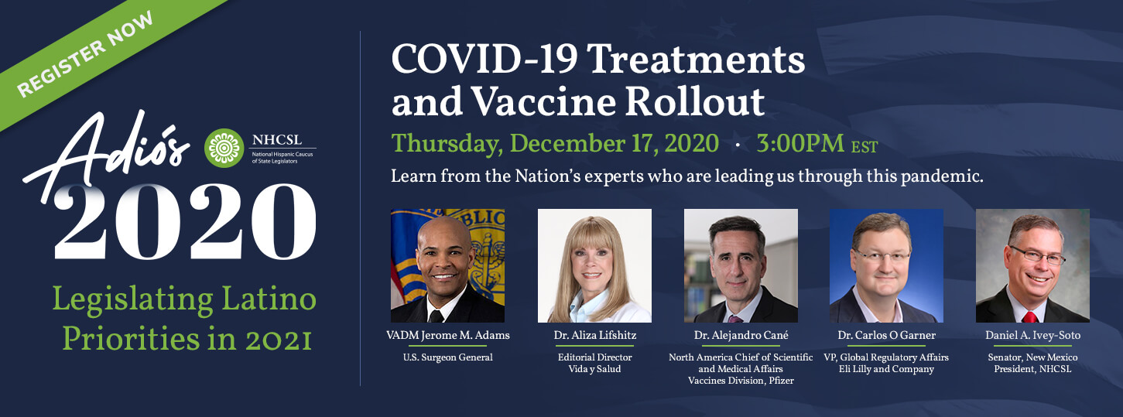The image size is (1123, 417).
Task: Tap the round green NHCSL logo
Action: tap(224, 148)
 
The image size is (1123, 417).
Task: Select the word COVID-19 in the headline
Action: tap(484, 60)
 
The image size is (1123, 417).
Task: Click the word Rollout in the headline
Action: tap(695, 102)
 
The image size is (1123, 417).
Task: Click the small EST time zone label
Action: tap(865, 147)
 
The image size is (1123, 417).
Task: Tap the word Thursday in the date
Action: tap(447, 145)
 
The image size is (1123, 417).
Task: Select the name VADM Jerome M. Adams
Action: tap(447, 335)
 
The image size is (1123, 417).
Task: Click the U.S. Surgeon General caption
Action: tap(447, 357)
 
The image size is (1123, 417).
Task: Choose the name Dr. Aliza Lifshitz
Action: tap(594, 335)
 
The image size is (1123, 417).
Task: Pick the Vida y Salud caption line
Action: tap(594, 369)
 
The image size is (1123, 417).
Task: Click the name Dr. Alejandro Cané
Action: tap(741, 335)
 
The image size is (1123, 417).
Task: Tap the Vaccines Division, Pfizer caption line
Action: tap(741, 381)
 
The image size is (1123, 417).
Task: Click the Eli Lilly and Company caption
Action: tap(886, 369)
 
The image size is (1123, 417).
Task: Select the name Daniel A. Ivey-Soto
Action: tap(1032, 335)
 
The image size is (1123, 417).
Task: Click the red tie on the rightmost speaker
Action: tap(1030, 316)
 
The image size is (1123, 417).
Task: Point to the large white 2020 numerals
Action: tap(186, 222)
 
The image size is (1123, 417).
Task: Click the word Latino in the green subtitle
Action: tap(269, 299)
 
